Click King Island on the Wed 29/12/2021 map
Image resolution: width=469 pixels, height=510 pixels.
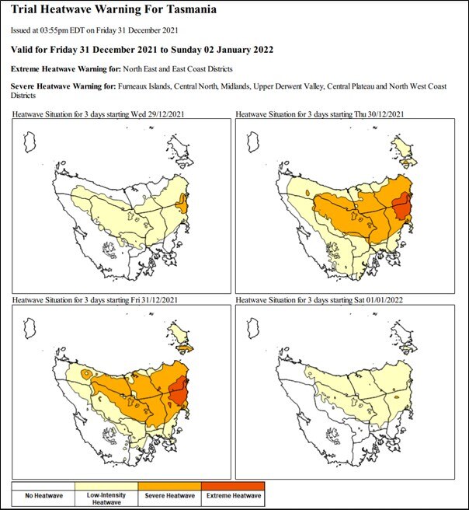point(31,142)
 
